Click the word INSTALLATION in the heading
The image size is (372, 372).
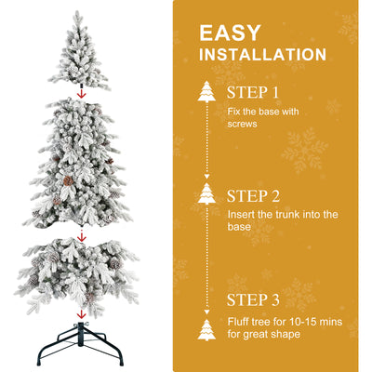pyautogui.click(x=263, y=56)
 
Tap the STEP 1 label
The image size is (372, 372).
pyautogui.click(x=253, y=93)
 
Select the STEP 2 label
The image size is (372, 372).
pyautogui.click(x=253, y=196)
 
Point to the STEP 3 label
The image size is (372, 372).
pyautogui.click(x=253, y=299)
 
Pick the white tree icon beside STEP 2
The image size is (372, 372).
pyautogui.click(x=206, y=194)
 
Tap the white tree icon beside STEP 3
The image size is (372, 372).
pyautogui.click(x=206, y=329)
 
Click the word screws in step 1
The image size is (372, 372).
pyautogui.click(x=243, y=124)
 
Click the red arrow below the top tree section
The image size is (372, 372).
pyautogui.click(x=82, y=92)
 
